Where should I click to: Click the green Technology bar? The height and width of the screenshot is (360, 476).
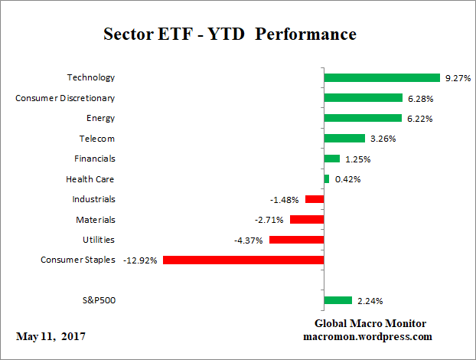tap(382, 77)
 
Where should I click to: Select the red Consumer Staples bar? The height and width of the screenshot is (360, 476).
tap(243, 260)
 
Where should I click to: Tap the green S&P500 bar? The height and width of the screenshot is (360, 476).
tap(337, 300)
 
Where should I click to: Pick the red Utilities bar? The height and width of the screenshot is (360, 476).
tap(296, 240)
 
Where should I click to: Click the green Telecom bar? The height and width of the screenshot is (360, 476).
tap(344, 139)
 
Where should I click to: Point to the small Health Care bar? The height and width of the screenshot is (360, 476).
tap(327, 179)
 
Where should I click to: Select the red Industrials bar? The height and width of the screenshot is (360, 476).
tap(315, 199)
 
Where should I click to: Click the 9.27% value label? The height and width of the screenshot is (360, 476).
tap(457, 78)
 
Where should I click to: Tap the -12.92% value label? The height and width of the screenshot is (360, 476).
tap(140, 260)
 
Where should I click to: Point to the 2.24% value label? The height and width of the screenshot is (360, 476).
tap(370, 301)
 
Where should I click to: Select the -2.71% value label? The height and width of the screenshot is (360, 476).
tap(269, 220)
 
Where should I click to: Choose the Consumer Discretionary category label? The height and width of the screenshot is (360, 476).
tap(66, 98)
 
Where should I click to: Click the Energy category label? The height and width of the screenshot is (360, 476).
tap(101, 118)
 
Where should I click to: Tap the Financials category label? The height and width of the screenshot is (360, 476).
tap(96, 159)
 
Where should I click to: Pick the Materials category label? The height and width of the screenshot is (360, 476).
tap(97, 220)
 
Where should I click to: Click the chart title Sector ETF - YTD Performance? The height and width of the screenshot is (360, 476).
tap(230, 35)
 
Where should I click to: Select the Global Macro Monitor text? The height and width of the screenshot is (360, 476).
tap(370, 323)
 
